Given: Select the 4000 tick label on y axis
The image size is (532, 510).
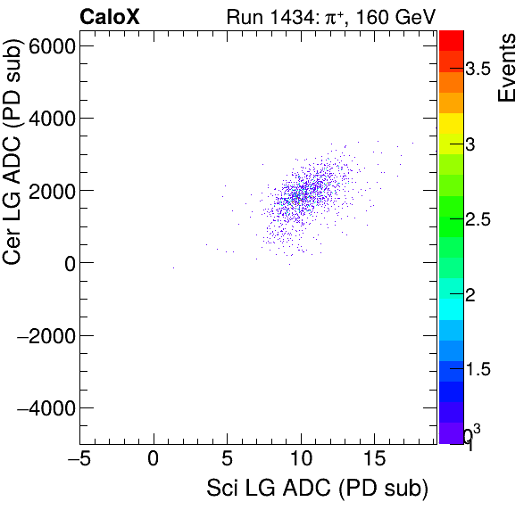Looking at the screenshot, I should [x=53, y=118].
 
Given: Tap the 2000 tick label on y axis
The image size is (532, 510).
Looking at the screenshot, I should [x=53, y=191].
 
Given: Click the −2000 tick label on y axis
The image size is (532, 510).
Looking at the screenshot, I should [x=46, y=336].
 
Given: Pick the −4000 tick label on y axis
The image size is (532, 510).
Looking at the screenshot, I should [x=46, y=408].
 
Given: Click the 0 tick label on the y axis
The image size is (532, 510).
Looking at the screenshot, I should [x=68, y=263].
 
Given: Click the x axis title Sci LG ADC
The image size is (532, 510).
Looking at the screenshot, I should [x=317, y=489].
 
